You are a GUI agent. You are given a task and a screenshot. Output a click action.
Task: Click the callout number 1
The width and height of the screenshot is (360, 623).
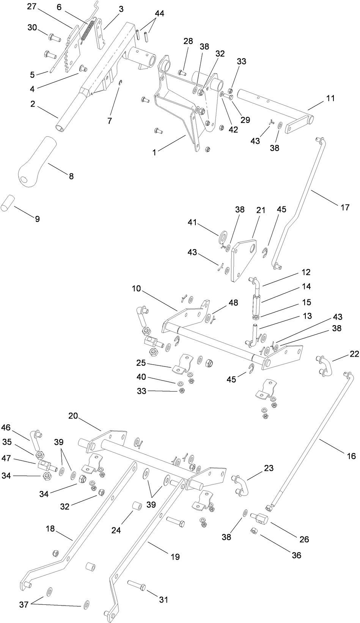click(x=154, y=152)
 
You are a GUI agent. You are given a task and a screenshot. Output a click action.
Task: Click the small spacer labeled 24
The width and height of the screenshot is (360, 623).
click(x=137, y=507)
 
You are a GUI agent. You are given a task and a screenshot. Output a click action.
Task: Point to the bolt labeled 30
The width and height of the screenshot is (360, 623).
click(x=53, y=37)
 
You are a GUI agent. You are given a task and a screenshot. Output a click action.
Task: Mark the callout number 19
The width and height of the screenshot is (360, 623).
click(x=175, y=557)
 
